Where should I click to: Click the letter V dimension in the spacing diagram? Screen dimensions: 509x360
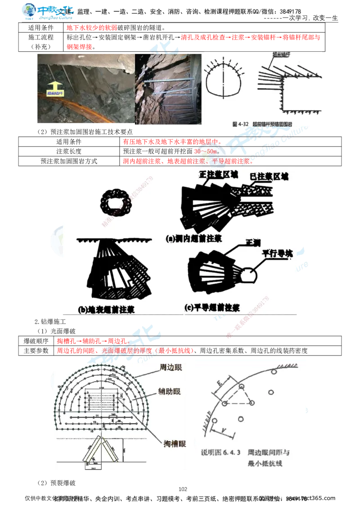click(224, 431)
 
